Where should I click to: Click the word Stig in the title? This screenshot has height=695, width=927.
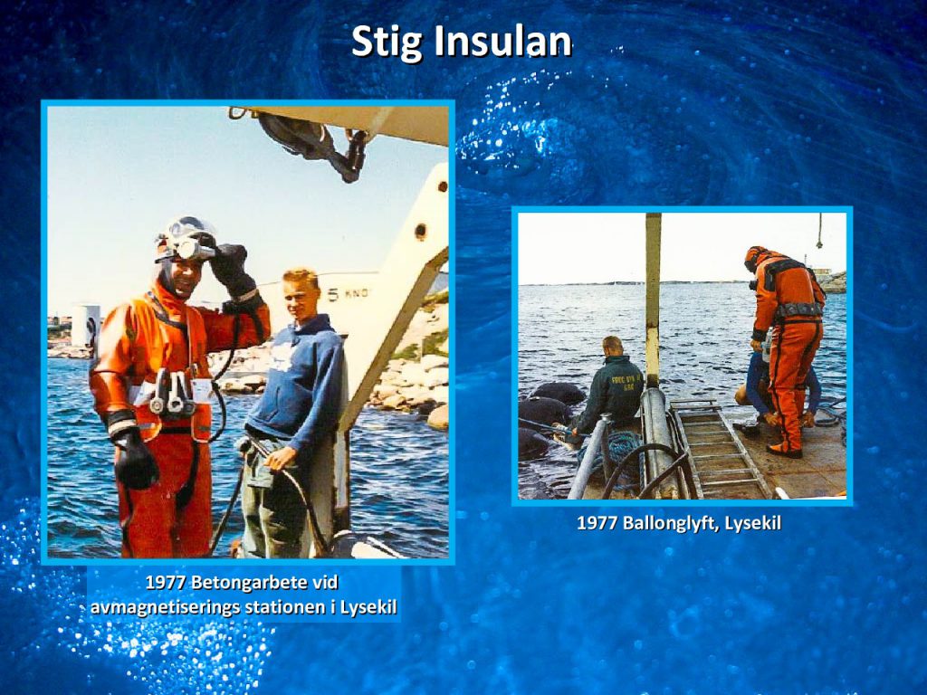pyautogui.click(x=387, y=42)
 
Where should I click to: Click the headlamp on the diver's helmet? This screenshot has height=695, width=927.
pyautogui.click(x=187, y=248)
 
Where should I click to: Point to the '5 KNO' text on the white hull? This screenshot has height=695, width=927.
pyautogui.click(x=348, y=294)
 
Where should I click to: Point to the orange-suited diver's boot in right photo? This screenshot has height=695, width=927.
pyautogui.click(x=785, y=451)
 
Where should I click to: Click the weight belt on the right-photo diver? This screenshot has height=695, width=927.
pyautogui.click(x=798, y=309)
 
